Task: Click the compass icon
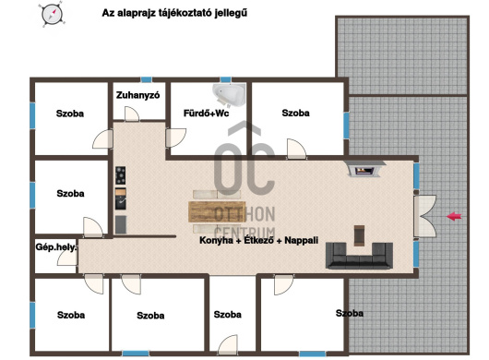(x=52, y=15)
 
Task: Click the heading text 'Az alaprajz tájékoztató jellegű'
(x=174, y=13)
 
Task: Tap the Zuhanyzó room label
(x=137, y=95)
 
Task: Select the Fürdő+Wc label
(x=206, y=113)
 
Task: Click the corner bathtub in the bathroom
(x=229, y=94)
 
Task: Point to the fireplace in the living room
(x=364, y=169)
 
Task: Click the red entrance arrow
(x=454, y=216)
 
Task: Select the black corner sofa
(x=359, y=256)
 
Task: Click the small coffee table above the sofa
(x=359, y=235)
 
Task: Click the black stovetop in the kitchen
(x=120, y=175)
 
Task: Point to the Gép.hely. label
(x=56, y=247)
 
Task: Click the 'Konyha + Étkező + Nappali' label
(x=259, y=240)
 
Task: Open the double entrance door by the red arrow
(x=424, y=216)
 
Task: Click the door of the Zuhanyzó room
(x=132, y=114)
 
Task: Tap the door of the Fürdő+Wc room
(x=176, y=138)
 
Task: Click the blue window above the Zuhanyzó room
(x=147, y=79)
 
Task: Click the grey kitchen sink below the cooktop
(x=121, y=224)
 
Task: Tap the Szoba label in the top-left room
(x=70, y=114)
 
